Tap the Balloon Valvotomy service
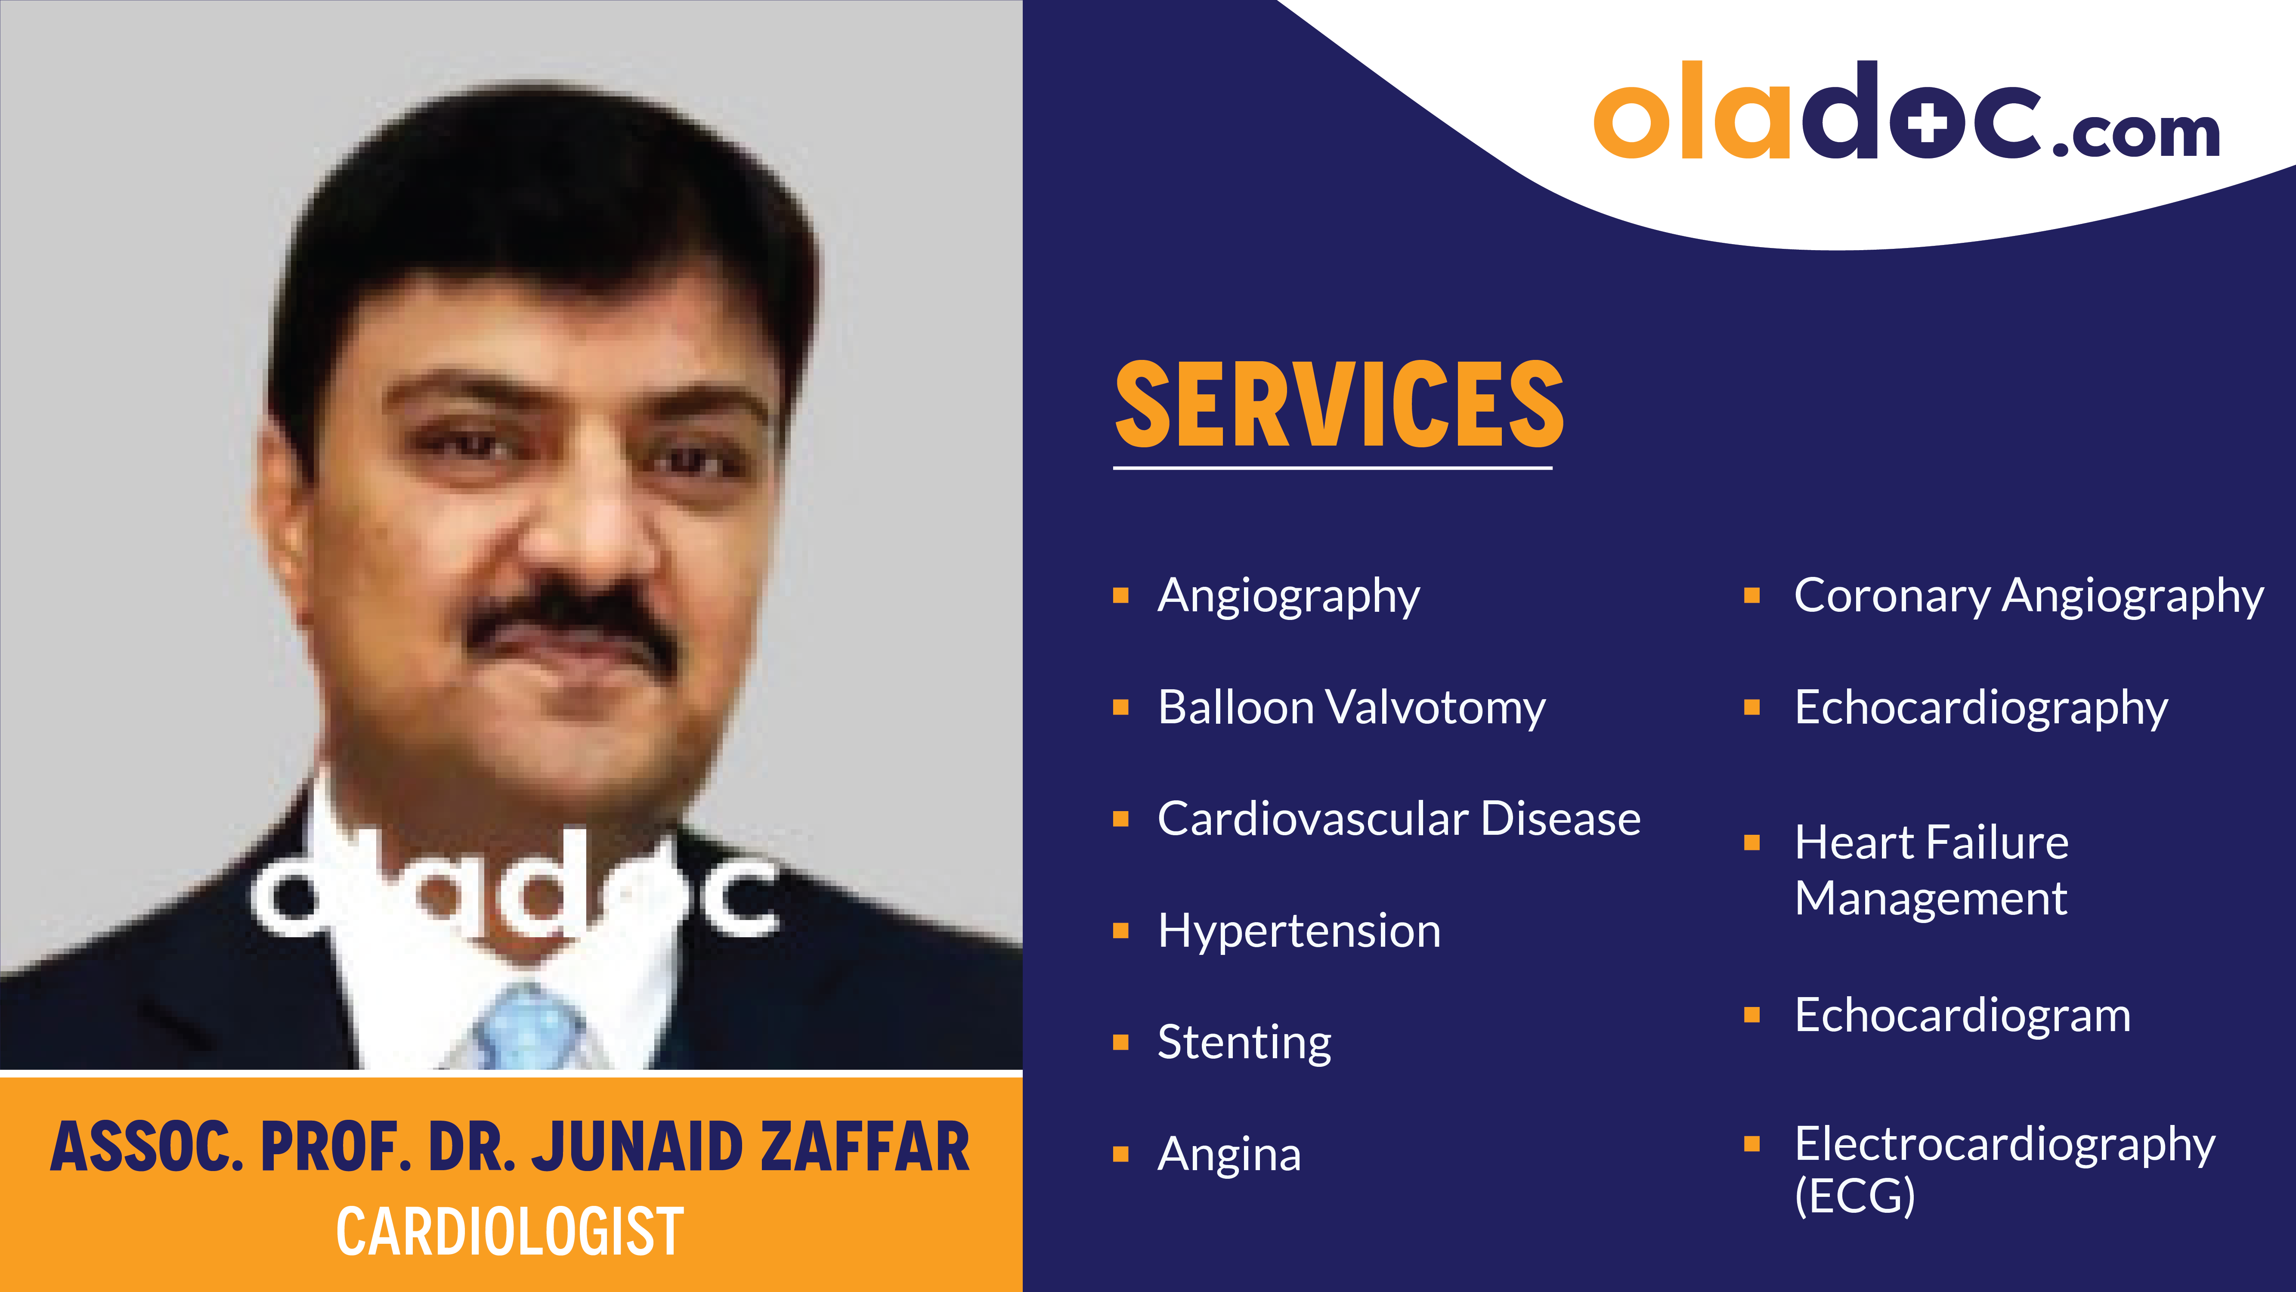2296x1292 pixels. click(x=1350, y=708)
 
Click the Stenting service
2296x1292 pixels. click(x=1244, y=1042)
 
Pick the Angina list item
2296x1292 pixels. click(x=1229, y=1155)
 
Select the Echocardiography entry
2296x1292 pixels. click(x=1980, y=708)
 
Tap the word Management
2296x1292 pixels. click(x=1931, y=898)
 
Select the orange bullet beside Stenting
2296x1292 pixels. click(x=1121, y=1042)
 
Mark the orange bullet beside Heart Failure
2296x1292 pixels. click(x=1751, y=843)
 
